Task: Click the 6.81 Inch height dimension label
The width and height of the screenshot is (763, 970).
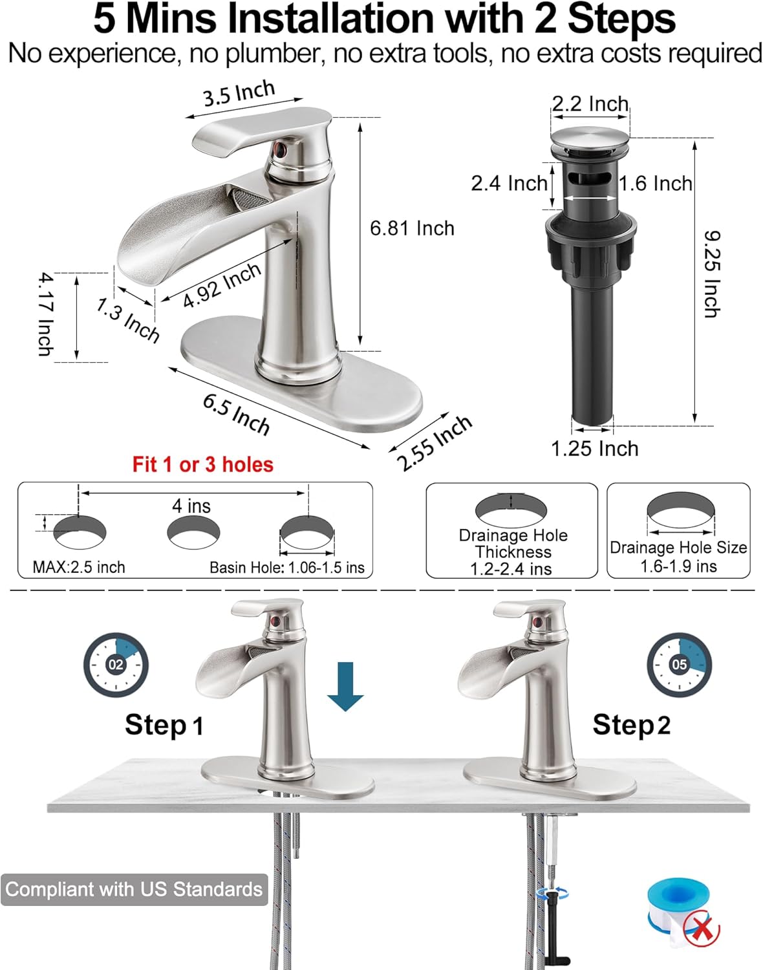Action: pyautogui.click(x=412, y=228)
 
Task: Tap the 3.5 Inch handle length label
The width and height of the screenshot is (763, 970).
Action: pyautogui.click(x=239, y=94)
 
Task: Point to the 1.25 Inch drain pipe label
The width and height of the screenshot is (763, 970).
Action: pyautogui.click(x=594, y=448)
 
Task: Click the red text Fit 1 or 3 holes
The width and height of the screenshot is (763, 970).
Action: pyautogui.click(x=202, y=464)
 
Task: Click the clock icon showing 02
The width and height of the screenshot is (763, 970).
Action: pyautogui.click(x=116, y=665)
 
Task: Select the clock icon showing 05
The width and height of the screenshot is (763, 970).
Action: pyautogui.click(x=679, y=665)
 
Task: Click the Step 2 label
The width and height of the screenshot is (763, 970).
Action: pyautogui.click(x=631, y=725)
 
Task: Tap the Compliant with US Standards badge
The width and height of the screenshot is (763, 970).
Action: pyautogui.click(x=134, y=889)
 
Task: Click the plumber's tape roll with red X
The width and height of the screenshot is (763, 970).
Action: pyautogui.click(x=683, y=912)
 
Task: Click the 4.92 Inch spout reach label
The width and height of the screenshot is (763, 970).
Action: pyautogui.click(x=222, y=285)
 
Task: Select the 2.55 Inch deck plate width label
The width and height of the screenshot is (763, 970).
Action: pyautogui.click(x=434, y=443)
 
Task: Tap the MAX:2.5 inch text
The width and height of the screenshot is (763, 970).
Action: pyautogui.click(x=79, y=567)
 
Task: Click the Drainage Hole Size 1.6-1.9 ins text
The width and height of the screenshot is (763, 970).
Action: pyautogui.click(x=678, y=557)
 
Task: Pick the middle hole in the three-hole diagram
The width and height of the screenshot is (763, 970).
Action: pyautogui.click(x=193, y=532)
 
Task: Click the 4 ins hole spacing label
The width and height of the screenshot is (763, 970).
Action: pyautogui.click(x=191, y=506)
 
